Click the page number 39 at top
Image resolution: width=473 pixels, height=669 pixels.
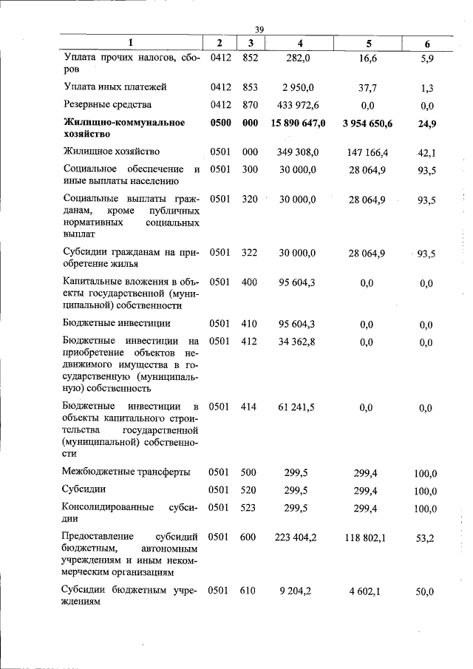point(259,29)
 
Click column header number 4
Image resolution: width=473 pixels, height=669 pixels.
point(300,43)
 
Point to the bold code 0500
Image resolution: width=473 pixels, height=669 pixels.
point(221,123)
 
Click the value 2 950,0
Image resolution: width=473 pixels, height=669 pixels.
point(299,87)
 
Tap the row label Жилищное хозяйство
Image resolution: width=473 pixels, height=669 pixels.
point(112,152)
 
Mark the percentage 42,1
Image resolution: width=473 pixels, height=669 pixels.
point(426,152)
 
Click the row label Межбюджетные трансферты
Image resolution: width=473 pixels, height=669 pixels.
point(126,472)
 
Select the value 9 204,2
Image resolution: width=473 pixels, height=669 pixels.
point(299,591)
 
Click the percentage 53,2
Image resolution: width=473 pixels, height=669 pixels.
point(426,538)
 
